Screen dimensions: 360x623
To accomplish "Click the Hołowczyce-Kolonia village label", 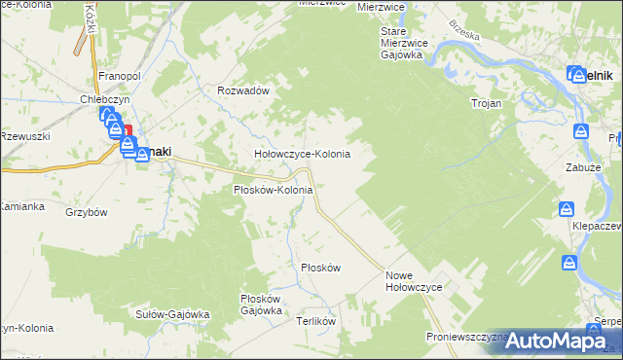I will pos(302,154).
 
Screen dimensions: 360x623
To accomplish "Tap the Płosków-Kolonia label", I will pos(273,190).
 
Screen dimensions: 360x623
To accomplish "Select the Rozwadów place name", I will pos(242,90).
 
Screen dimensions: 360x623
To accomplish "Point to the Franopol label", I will pos(122,75).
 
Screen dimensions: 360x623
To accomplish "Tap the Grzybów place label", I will pos(86,211).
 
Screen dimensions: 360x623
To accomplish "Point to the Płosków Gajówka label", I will pos(260,305).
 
